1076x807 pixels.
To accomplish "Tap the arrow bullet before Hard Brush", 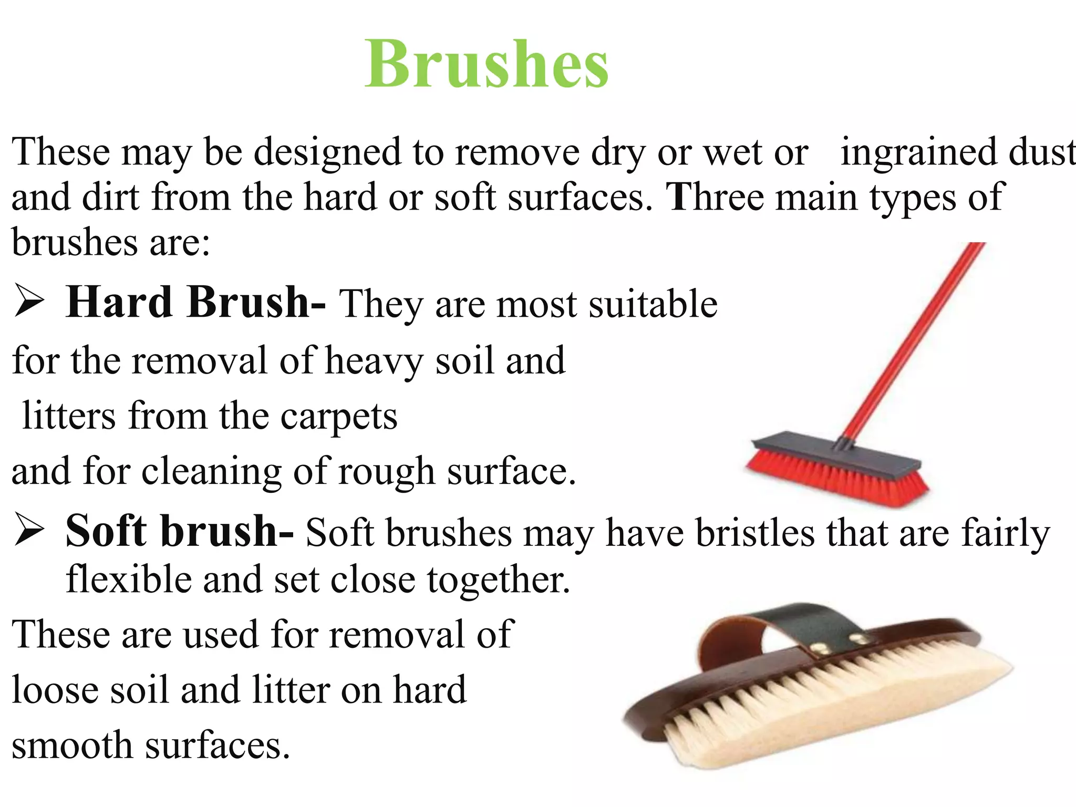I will point(29,301).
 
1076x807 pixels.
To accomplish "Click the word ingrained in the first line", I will point(919,152).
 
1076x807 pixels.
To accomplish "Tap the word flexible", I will point(128,579).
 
